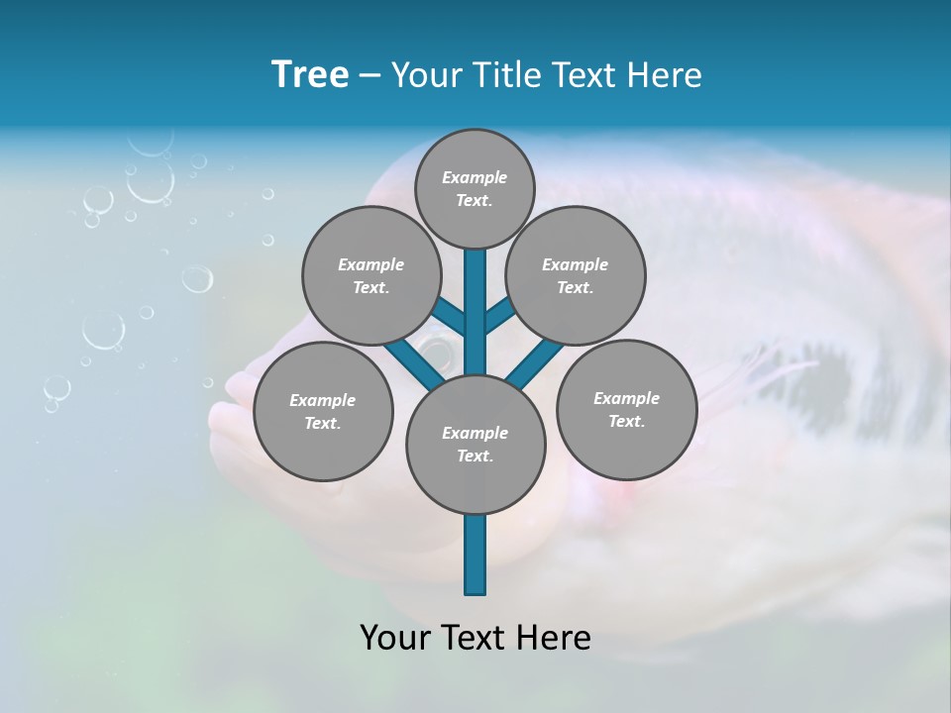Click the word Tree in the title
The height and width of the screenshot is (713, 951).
(310, 75)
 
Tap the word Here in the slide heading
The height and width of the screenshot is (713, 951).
(666, 75)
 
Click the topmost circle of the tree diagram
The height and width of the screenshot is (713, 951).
(475, 188)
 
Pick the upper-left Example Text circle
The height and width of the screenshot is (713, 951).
(370, 276)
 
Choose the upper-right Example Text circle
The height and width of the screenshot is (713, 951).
(576, 276)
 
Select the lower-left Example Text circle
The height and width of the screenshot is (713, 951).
(323, 412)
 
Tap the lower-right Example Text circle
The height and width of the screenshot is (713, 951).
(626, 410)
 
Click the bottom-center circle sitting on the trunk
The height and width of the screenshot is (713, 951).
(475, 445)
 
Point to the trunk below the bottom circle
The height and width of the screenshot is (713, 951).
(475, 555)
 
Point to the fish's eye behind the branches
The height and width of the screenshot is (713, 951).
(436, 346)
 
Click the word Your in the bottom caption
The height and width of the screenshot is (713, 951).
(396, 638)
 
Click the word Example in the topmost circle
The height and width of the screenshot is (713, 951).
(475, 178)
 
